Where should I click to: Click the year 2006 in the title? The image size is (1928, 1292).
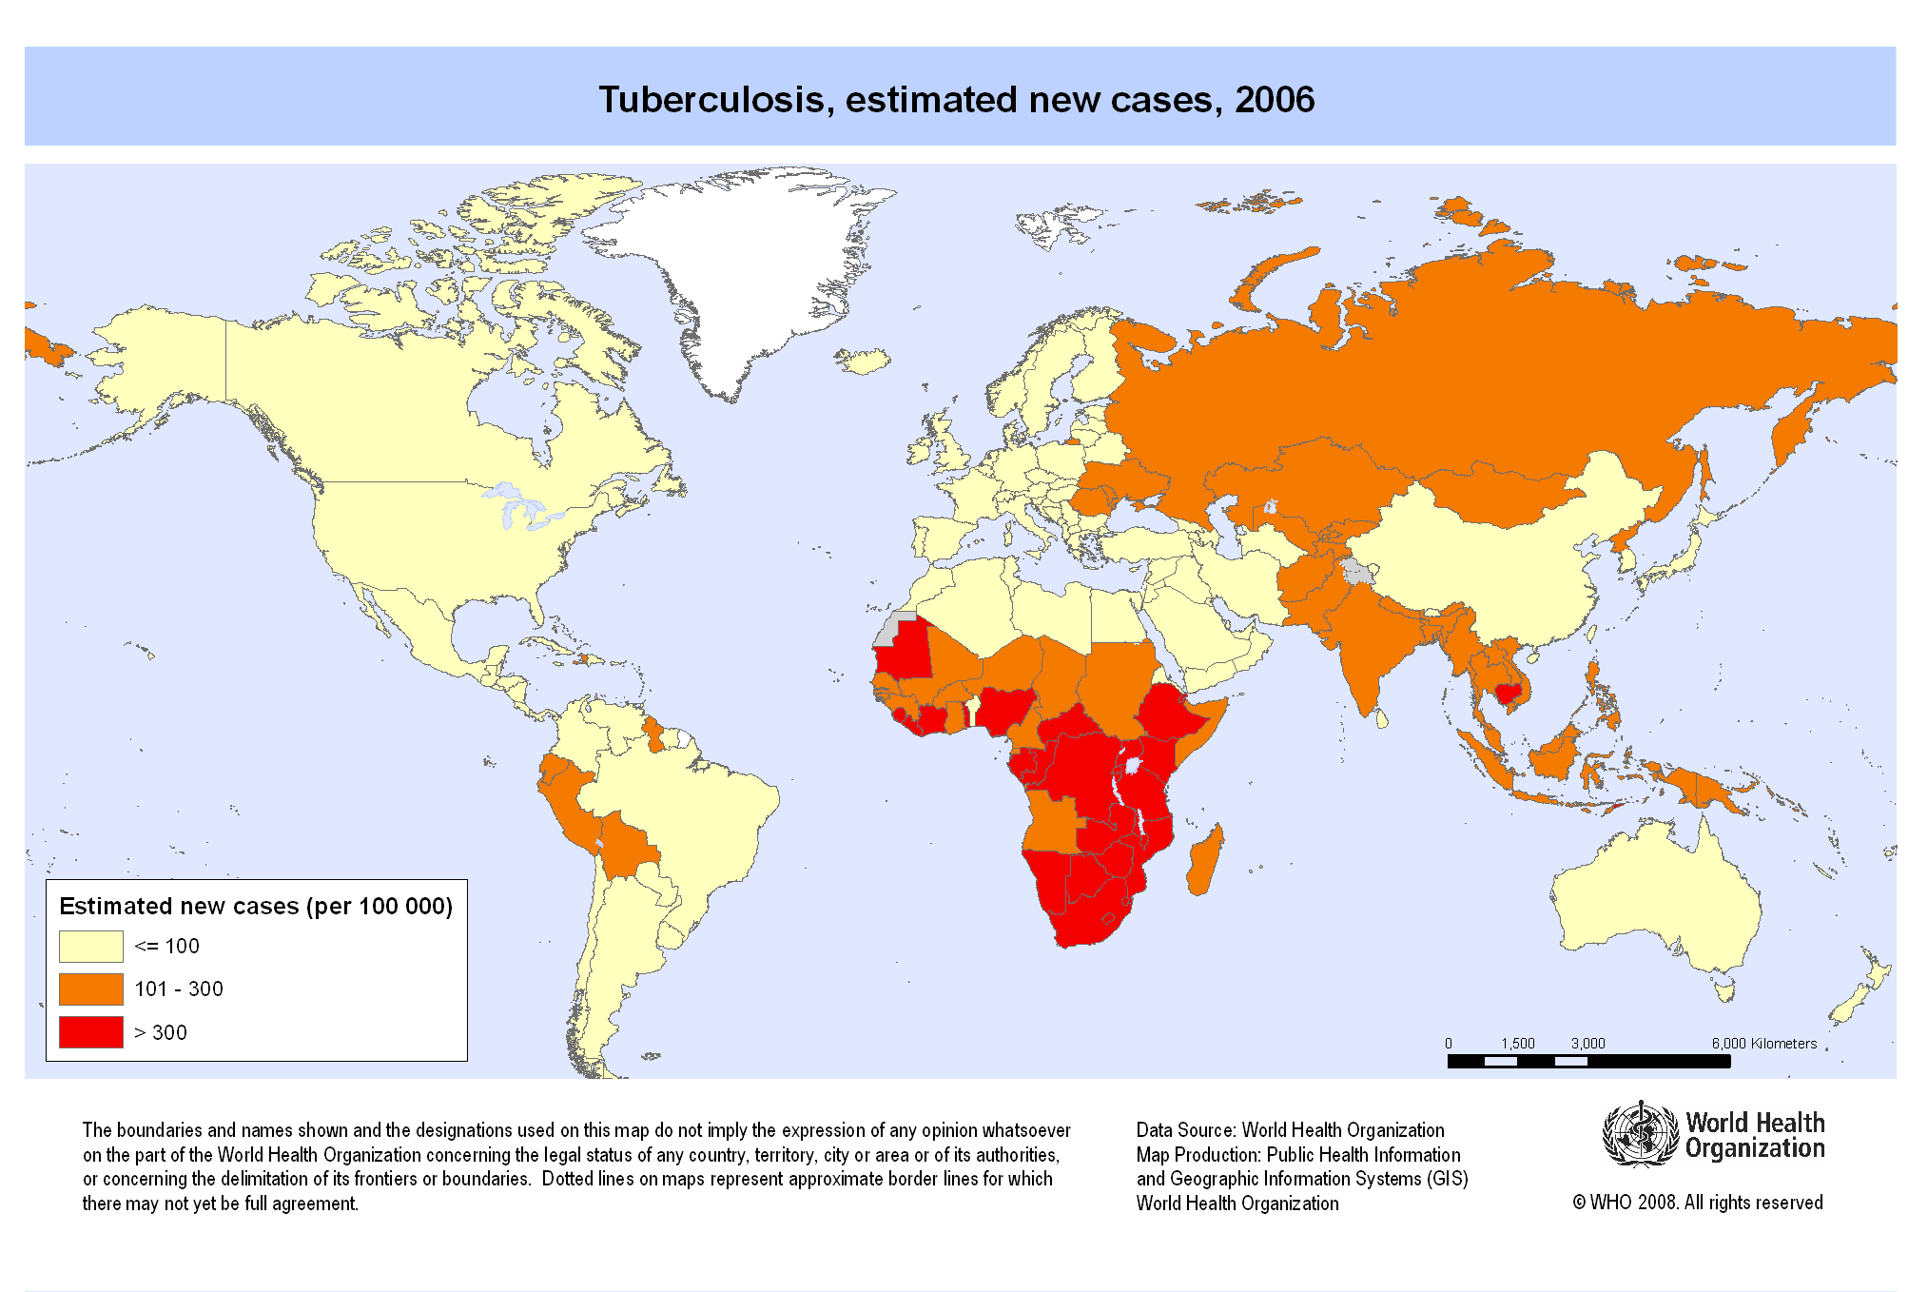1275,100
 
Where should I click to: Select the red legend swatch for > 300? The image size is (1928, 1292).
90,1032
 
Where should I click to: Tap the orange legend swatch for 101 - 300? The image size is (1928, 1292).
90,989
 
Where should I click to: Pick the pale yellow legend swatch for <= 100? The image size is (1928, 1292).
90,947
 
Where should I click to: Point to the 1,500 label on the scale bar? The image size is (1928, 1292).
1518,1044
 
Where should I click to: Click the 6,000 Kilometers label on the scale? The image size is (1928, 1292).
1764,1044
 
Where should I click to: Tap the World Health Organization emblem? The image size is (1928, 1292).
1640,1133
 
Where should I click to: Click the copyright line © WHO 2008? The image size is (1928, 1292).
1698,1203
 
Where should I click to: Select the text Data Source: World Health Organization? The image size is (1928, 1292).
1290,1130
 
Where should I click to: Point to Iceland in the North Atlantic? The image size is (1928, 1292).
864,361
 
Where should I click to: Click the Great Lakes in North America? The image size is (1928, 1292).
518,509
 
